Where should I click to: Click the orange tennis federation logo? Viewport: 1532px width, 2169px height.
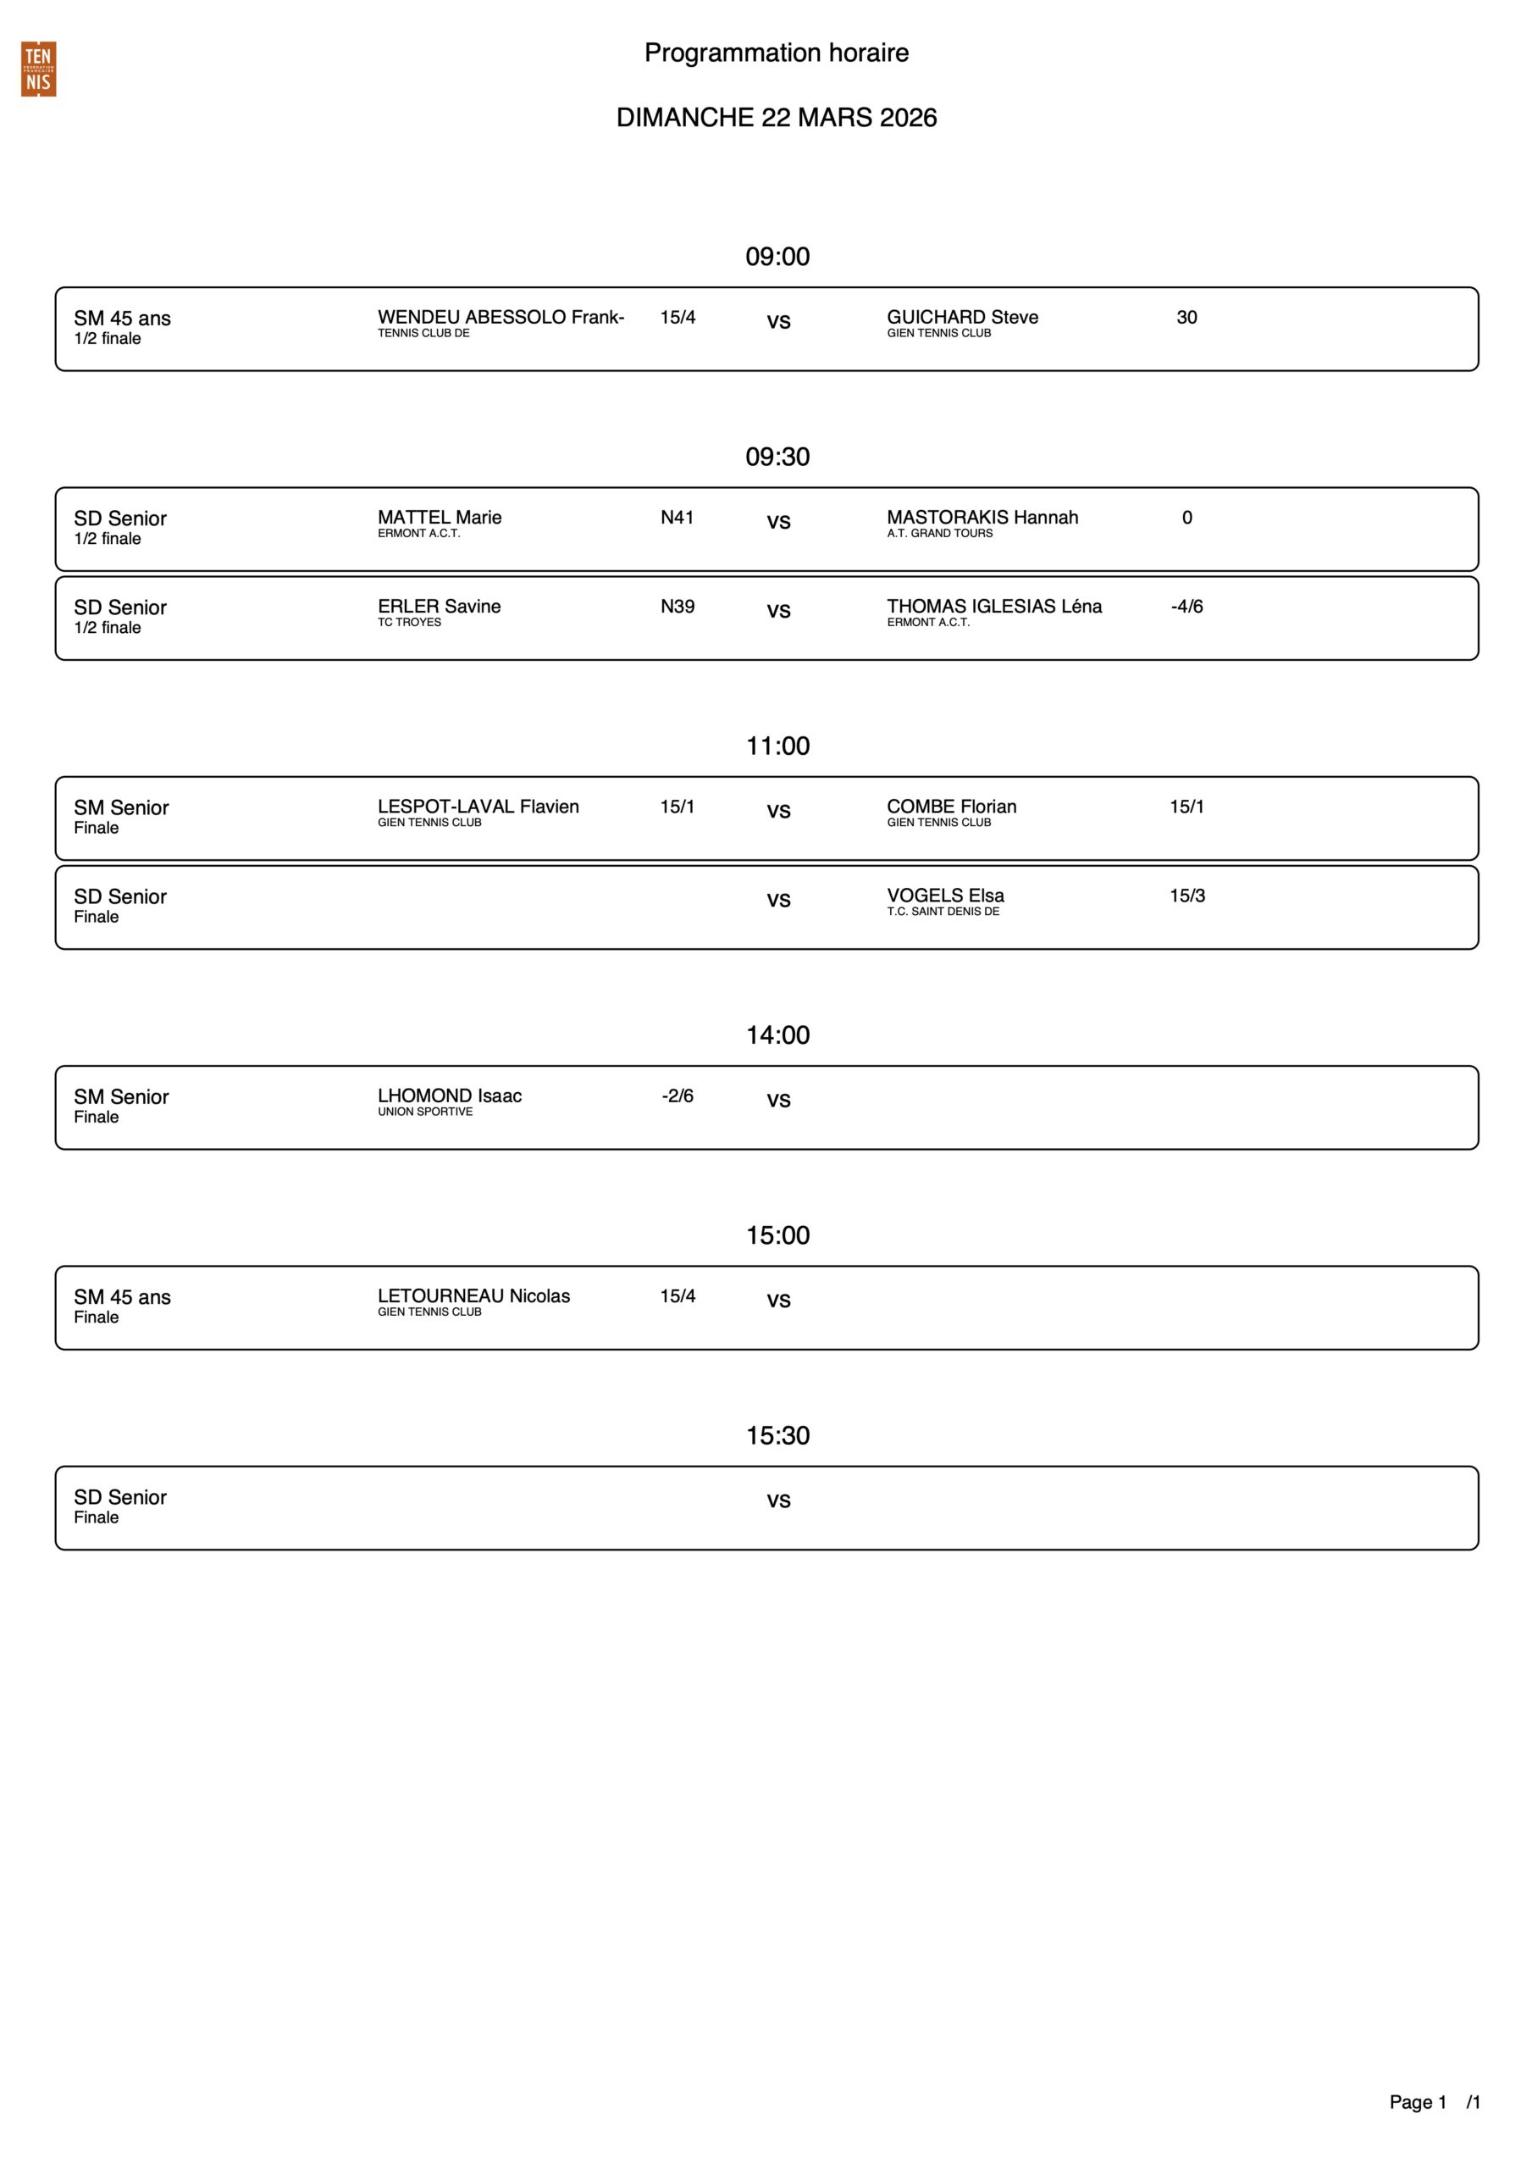pos(39,69)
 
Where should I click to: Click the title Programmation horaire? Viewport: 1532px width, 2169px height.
pos(776,53)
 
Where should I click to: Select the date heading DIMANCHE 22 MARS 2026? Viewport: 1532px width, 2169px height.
pos(776,118)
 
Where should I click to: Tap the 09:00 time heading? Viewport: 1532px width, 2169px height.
pos(777,257)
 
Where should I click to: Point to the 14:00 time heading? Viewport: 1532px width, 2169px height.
pos(777,1035)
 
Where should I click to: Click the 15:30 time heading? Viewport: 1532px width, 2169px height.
pos(777,1436)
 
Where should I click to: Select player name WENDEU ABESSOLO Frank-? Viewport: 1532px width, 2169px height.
pos(501,318)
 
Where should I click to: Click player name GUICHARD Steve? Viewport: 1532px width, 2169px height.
pos(961,318)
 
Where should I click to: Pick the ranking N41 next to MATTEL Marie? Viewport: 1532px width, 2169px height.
pos(677,518)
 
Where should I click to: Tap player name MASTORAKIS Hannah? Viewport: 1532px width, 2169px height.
pos(982,518)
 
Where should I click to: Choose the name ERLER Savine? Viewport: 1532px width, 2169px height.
pos(440,607)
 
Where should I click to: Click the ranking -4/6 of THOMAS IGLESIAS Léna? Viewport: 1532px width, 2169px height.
pos(1186,607)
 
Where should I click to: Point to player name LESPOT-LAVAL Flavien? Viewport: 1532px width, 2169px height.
pos(478,807)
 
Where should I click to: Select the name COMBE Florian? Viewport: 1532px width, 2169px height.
pos(951,807)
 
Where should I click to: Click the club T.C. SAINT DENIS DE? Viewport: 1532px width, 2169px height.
pos(942,912)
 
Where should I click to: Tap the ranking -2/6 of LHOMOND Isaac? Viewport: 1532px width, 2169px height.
pos(678,1096)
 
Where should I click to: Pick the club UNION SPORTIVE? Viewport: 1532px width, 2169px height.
pos(425,1112)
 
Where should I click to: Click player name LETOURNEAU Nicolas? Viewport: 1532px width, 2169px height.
pos(473,1296)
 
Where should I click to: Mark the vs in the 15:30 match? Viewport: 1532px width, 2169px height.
pos(777,1501)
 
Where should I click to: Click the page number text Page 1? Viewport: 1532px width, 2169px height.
pos(1417,2102)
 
